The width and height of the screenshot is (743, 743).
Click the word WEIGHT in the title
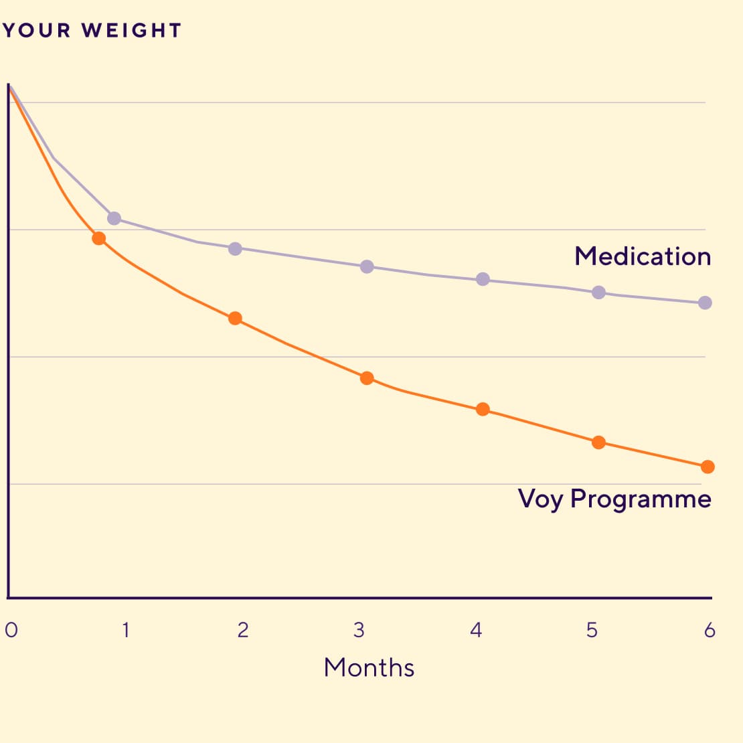(131, 31)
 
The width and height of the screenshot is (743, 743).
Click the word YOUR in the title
(37, 31)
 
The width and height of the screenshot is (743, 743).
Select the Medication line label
(643, 256)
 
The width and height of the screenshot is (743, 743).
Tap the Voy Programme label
(614, 499)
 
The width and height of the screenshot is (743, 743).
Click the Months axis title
(369, 667)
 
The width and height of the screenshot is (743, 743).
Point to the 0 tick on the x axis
(11, 630)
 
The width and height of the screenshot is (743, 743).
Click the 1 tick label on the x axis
(125, 630)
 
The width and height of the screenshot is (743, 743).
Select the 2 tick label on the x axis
(242, 630)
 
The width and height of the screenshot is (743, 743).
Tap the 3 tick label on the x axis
(359, 630)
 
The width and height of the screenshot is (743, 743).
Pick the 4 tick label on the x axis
(476, 630)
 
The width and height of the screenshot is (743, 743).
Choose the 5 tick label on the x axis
(592, 630)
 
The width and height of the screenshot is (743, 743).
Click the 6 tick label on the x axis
(710, 630)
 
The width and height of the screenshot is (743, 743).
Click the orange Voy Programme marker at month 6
(708, 467)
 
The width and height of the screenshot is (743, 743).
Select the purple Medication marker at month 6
(705, 303)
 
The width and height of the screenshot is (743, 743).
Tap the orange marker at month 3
(367, 378)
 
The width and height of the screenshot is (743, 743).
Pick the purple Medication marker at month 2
(235, 249)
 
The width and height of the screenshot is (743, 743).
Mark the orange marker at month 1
(99, 238)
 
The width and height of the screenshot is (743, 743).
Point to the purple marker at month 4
(483, 279)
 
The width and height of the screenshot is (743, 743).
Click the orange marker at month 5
(599, 442)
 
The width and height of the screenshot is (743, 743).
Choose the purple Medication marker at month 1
(114, 218)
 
